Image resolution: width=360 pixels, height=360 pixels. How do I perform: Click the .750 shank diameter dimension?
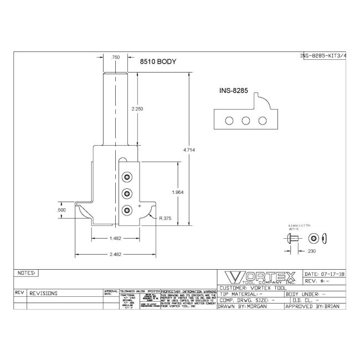click(x=116, y=57)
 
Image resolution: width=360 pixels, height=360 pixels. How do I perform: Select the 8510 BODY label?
click(x=157, y=63)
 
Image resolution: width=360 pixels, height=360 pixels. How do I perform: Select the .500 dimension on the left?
click(x=76, y=210)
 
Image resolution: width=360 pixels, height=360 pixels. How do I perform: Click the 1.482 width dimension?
click(x=115, y=238)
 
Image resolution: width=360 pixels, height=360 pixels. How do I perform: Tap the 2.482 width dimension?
click(x=115, y=254)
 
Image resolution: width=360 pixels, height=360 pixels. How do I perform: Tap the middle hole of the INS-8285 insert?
click(x=244, y=120)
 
